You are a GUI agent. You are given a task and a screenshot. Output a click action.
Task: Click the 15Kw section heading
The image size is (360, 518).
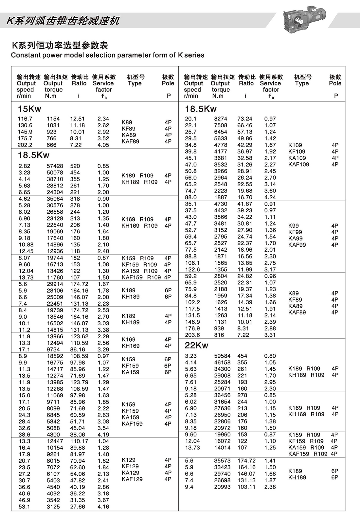29,109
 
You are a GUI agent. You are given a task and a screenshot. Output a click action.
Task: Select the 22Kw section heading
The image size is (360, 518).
196,345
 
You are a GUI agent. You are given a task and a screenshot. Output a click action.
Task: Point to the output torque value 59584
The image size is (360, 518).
222,356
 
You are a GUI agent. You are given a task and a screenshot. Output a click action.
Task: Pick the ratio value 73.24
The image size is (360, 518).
245,119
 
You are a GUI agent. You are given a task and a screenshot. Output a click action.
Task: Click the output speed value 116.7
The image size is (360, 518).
25,119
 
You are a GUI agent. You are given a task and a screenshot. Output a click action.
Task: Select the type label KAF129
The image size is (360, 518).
132,479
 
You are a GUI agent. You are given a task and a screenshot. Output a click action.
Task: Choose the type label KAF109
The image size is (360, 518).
298,164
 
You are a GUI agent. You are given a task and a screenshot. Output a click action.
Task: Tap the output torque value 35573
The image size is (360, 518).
222,460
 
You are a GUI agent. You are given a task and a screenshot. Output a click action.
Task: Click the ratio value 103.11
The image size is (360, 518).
246,487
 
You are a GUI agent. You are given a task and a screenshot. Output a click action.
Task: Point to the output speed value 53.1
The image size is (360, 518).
24,507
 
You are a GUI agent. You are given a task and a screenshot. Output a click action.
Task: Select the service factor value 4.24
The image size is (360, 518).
270,197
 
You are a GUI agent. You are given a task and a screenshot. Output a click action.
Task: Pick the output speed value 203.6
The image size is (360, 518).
192,335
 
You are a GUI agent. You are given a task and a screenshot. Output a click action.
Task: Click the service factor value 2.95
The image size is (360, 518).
270,382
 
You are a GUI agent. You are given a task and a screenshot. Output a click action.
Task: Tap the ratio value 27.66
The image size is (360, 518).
78,507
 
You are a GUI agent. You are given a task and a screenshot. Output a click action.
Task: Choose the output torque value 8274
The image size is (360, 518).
221,119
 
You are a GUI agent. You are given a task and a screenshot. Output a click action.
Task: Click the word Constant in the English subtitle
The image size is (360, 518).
24,55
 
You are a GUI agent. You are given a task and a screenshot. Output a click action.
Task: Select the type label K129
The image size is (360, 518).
129,460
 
